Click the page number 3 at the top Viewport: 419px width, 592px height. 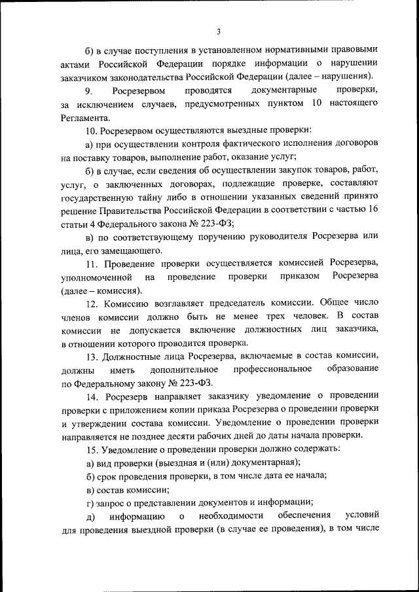[219, 30]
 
